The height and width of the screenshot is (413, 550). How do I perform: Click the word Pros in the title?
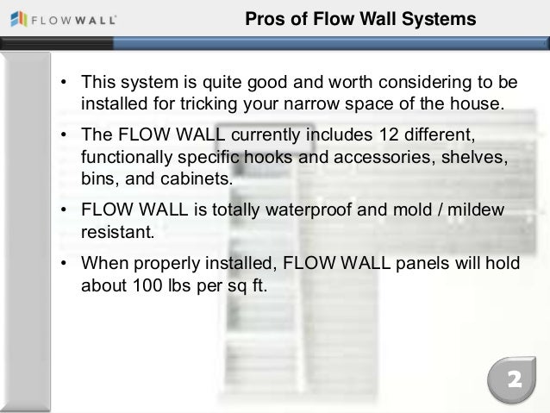[x=263, y=19]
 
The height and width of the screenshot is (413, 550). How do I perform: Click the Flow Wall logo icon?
[x=14, y=18]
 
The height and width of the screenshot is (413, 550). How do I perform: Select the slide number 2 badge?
[x=512, y=380]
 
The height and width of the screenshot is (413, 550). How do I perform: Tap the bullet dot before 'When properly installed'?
[x=64, y=264]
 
